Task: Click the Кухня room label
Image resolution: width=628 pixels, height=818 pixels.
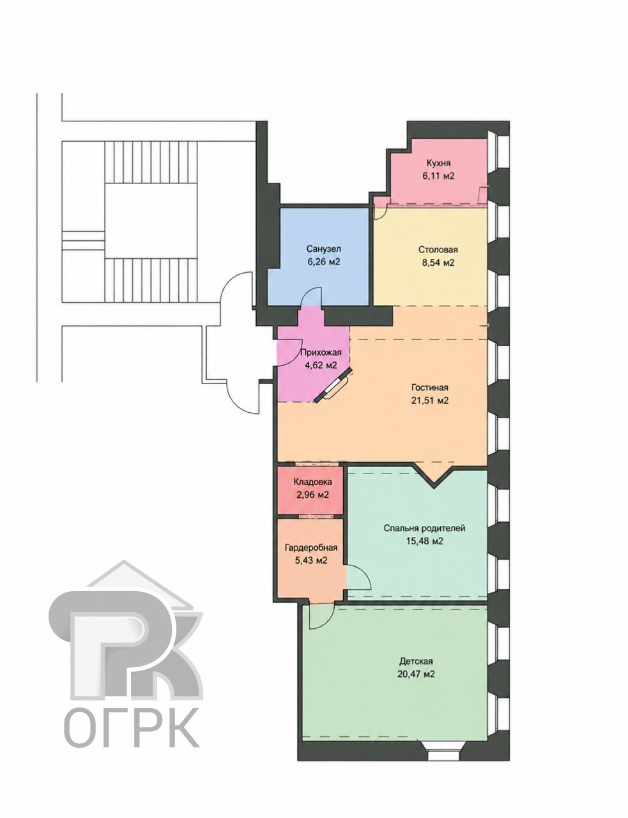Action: coord(438,163)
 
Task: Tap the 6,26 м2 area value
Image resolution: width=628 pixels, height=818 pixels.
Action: coord(324,261)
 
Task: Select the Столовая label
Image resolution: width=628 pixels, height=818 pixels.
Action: coord(438,250)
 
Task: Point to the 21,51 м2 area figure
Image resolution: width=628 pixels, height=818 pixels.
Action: coord(430,401)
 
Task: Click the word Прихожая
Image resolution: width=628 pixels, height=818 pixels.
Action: coord(321,353)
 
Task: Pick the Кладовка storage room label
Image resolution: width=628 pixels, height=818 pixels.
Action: coord(312,481)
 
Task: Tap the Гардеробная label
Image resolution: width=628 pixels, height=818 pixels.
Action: coord(310,547)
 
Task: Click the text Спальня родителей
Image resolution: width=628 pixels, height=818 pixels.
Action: coord(424,528)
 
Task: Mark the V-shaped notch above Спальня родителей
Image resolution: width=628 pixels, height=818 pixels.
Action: coord(434,473)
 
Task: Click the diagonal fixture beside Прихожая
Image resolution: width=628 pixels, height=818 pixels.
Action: coord(333,385)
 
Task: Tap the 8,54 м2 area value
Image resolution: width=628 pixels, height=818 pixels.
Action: coord(438,263)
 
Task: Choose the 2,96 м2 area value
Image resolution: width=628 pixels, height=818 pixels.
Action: coord(312,494)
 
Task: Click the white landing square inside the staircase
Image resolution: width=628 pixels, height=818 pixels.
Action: coord(151,220)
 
